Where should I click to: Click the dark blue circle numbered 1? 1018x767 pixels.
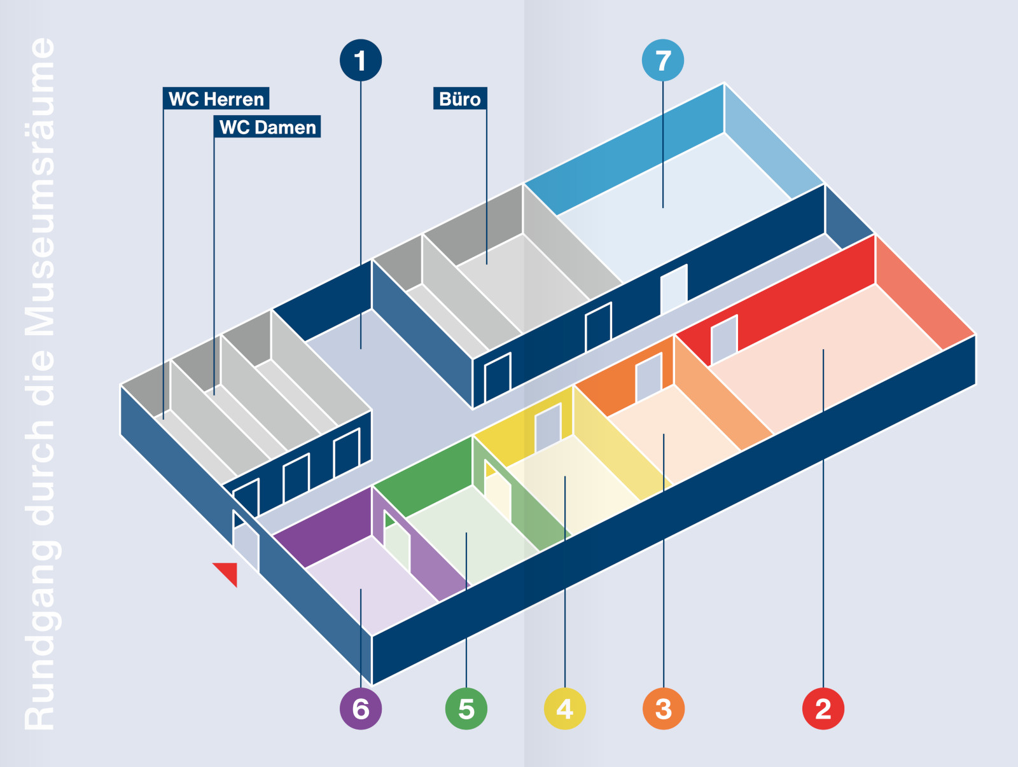tap(361, 60)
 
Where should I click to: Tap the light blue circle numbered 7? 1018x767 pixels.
tap(663, 60)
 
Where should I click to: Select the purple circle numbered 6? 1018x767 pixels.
tap(361, 708)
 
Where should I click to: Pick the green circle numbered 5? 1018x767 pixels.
tap(466, 708)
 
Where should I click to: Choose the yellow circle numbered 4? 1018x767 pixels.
tap(565, 708)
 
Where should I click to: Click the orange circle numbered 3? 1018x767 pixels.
tap(664, 708)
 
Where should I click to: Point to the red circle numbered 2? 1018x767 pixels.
tap(823, 708)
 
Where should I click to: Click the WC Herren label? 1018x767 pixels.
tap(216, 99)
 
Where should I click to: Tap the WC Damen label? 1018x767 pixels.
tap(267, 127)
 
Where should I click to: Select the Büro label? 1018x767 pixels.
tap(460, 99)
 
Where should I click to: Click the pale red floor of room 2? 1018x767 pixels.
tap(827, 369)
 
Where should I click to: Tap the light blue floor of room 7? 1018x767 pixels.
tap(674, 210)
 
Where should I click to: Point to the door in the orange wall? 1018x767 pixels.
tap(648, 377)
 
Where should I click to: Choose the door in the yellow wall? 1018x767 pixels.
tap(547, 427)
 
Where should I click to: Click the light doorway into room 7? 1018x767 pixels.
tap(674, 289)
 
